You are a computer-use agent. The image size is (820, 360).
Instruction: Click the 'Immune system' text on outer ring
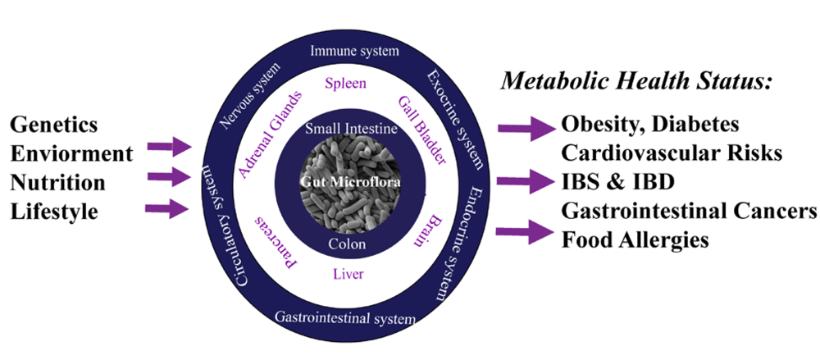tap(354, 52)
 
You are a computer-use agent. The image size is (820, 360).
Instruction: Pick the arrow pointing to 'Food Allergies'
tap(526, 234)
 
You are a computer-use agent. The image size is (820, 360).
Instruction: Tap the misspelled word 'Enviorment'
tap(71, 153)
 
